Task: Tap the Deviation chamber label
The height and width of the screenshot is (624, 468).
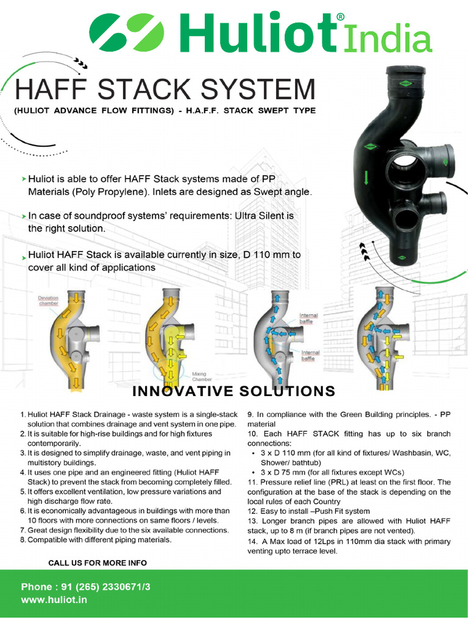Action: [49, 300]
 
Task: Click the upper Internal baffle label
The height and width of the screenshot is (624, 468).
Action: [308, 317]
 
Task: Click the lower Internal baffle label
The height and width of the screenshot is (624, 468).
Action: [311, 355]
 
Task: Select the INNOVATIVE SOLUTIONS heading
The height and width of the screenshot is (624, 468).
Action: [234, 391]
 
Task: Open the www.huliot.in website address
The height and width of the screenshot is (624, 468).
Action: [54, 600]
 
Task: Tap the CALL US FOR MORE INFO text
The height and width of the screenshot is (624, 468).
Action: [97, 562]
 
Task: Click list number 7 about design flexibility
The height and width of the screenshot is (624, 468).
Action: [23, 530]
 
